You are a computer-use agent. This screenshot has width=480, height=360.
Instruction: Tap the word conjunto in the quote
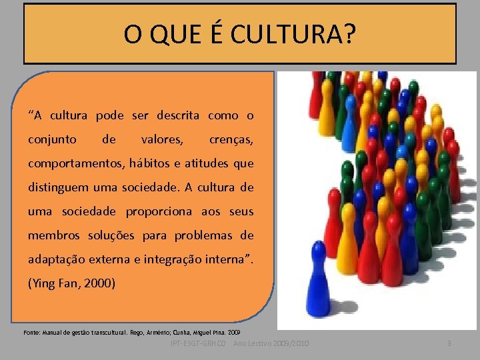click(x=52, y=140)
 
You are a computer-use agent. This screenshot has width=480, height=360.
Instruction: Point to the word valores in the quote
click(x=161, y=140)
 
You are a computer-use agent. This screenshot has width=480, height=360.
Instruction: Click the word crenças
click(x=231, y=140)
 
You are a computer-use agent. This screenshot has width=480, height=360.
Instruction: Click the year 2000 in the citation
click(x=97, y=283)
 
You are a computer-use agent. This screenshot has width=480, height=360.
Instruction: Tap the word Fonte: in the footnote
click(x=32, y=331)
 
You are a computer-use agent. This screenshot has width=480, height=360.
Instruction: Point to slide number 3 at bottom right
click(x=449, y=343)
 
